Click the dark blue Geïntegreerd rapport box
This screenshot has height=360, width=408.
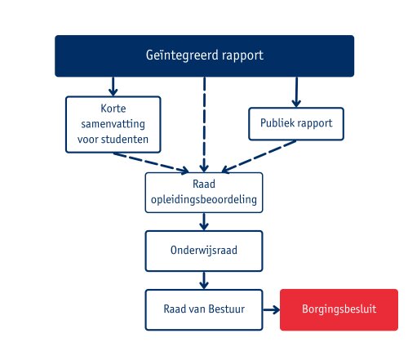(204, 56)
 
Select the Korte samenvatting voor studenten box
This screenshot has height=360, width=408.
(113, 124)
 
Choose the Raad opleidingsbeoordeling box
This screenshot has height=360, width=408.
(204, 192)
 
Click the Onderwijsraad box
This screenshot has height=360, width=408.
(204, 251)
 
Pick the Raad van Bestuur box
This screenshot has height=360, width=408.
(204, 310)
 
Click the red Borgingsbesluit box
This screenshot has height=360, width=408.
(339, 310)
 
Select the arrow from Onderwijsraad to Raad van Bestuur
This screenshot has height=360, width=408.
(204, 279)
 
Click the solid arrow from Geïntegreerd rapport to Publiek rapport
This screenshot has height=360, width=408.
(296, 93)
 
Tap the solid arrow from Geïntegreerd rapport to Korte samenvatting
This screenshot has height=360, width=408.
(113, 86)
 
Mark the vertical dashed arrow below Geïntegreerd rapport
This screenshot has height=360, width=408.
(204, 122)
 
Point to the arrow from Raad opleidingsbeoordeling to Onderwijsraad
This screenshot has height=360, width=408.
(204, 221)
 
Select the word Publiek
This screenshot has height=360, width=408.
(274, 125)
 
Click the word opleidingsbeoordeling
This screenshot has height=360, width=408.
(204, 199)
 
